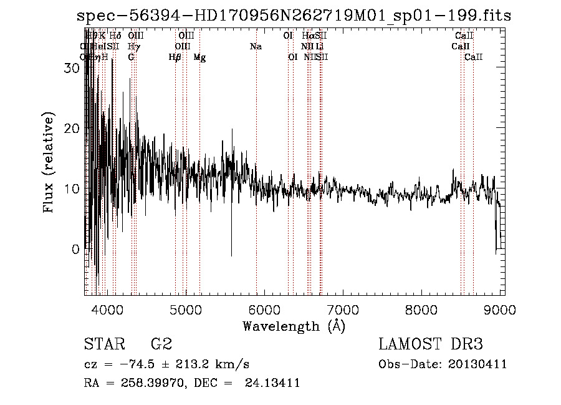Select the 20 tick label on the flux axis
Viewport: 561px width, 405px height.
(x=72, y=129)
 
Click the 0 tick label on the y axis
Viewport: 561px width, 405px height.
(x=76, y=250)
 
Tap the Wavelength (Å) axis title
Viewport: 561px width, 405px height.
(x=294, y=326)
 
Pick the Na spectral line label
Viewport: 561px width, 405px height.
(x=256, y=47)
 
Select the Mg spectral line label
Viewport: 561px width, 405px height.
(x=200, y=57)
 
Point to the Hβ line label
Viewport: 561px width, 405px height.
(x=175, y=57)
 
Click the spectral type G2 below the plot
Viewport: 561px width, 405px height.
(x=161, y=344)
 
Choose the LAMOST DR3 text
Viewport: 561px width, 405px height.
(x=431, y=344)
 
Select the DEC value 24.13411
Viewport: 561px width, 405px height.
(x=274, y=383)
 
